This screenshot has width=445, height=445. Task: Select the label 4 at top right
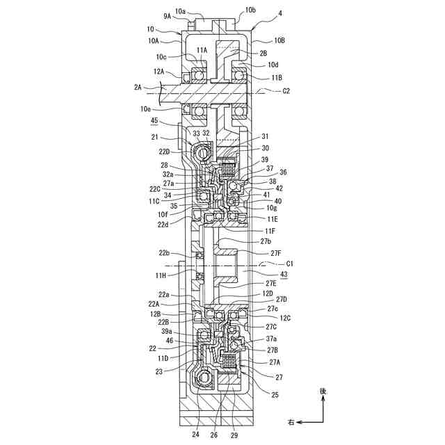click(x=260, y=13)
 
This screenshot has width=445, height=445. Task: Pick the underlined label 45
click(x=154, y=121)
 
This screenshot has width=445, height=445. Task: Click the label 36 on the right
click(x=283, y=172)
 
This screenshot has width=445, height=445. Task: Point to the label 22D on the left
click(x=164, y=151)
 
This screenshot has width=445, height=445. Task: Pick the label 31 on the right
click(x=265, y=136)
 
